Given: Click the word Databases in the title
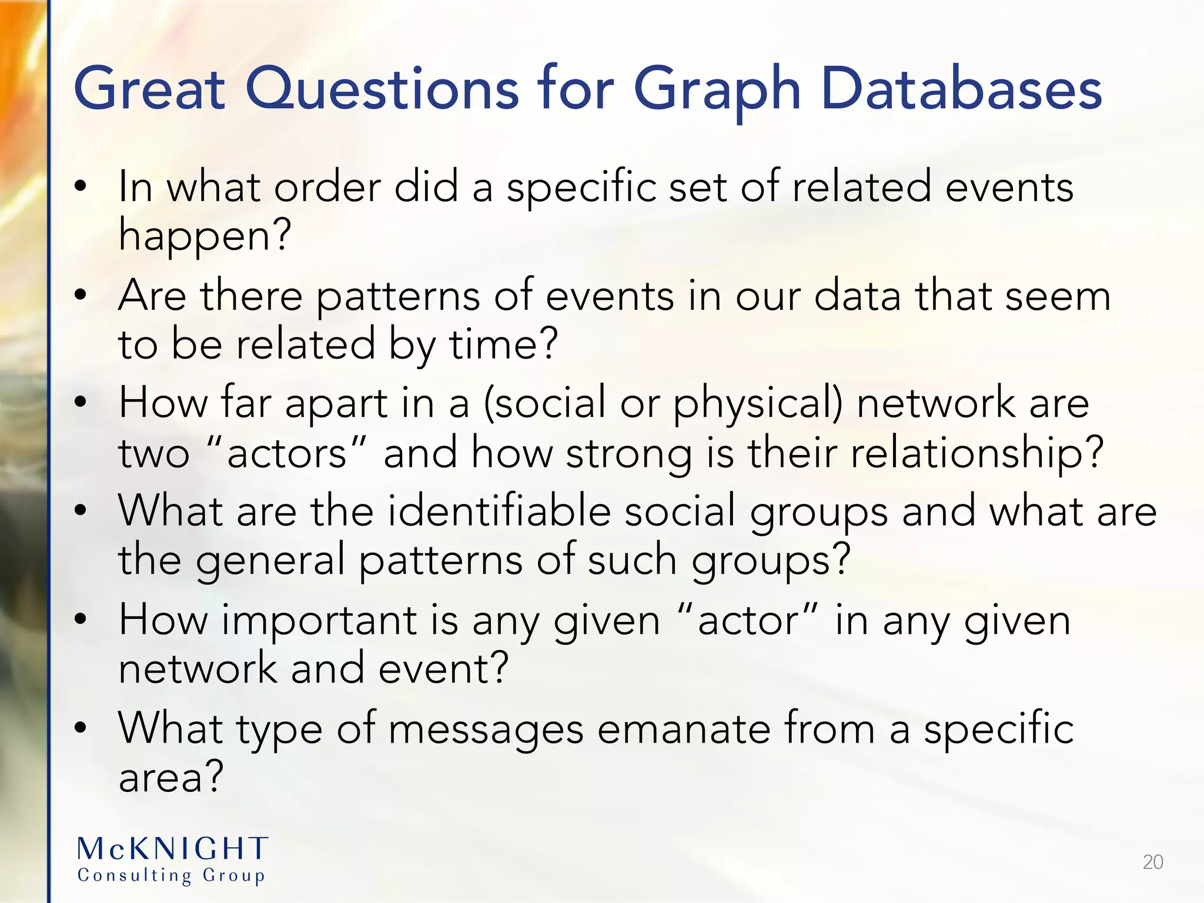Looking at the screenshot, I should (961, 89).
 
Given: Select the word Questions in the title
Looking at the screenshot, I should (382, 89).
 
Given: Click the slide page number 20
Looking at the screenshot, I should (1153, 862).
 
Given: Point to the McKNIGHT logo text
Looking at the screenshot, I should (173, 849).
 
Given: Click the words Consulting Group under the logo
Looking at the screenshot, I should (171, 875).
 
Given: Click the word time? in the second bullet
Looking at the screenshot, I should (503, 345).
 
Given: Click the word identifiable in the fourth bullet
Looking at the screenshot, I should (499, 510).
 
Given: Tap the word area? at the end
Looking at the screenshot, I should (171, 777).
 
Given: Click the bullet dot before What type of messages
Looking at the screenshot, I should (81, 728).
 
